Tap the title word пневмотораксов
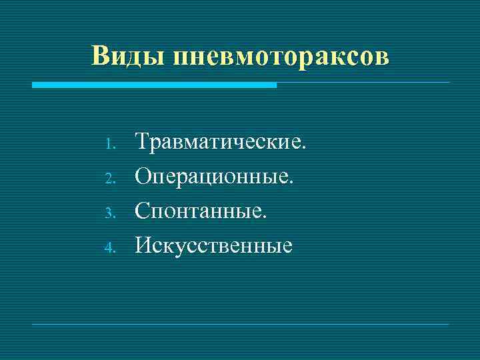pyautogui.click(x=281, y=56)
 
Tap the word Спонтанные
pyautogui.click(x=201, y=211)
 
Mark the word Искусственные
pyautogui.click(x=214, y=247)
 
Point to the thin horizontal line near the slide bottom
pyautogui.click(x=241, y=324)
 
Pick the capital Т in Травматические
pyautogui.click(x=143, y=141)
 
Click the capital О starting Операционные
pyautogui.click(x=144, y=176)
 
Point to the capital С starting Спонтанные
pyautogui.click(x=143, y=211)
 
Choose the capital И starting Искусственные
pyautogui.click(x=145, y=247)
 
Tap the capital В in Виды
pyautogui.click(x=101, y=56)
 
